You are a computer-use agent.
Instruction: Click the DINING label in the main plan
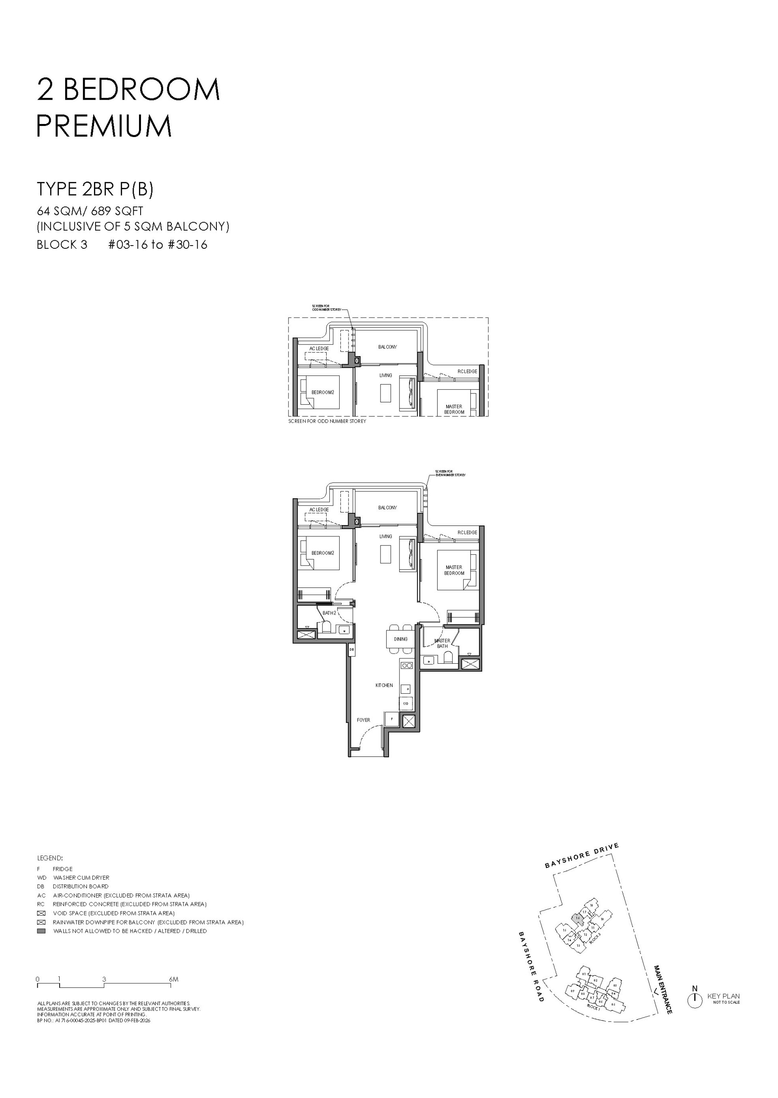click(400, 639)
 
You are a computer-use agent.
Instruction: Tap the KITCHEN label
click(384, 686)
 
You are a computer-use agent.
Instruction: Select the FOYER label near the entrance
click(363, 720)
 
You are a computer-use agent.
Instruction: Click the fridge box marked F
click(391, 719)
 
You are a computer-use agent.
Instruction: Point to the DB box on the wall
click(351, 649)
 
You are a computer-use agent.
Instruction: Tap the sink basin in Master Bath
click(429, 660)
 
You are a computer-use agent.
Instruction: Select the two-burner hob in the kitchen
click(406, 665)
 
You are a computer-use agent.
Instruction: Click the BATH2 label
click(329, 613)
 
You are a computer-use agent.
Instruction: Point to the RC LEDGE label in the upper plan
click(467, 371)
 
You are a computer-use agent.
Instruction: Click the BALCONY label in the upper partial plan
click(387, 347)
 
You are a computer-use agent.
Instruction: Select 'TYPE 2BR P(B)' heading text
click(95, 190)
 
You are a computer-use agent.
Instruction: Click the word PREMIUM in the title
click(104, 126)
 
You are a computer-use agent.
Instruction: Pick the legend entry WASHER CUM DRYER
click(81, 878)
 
